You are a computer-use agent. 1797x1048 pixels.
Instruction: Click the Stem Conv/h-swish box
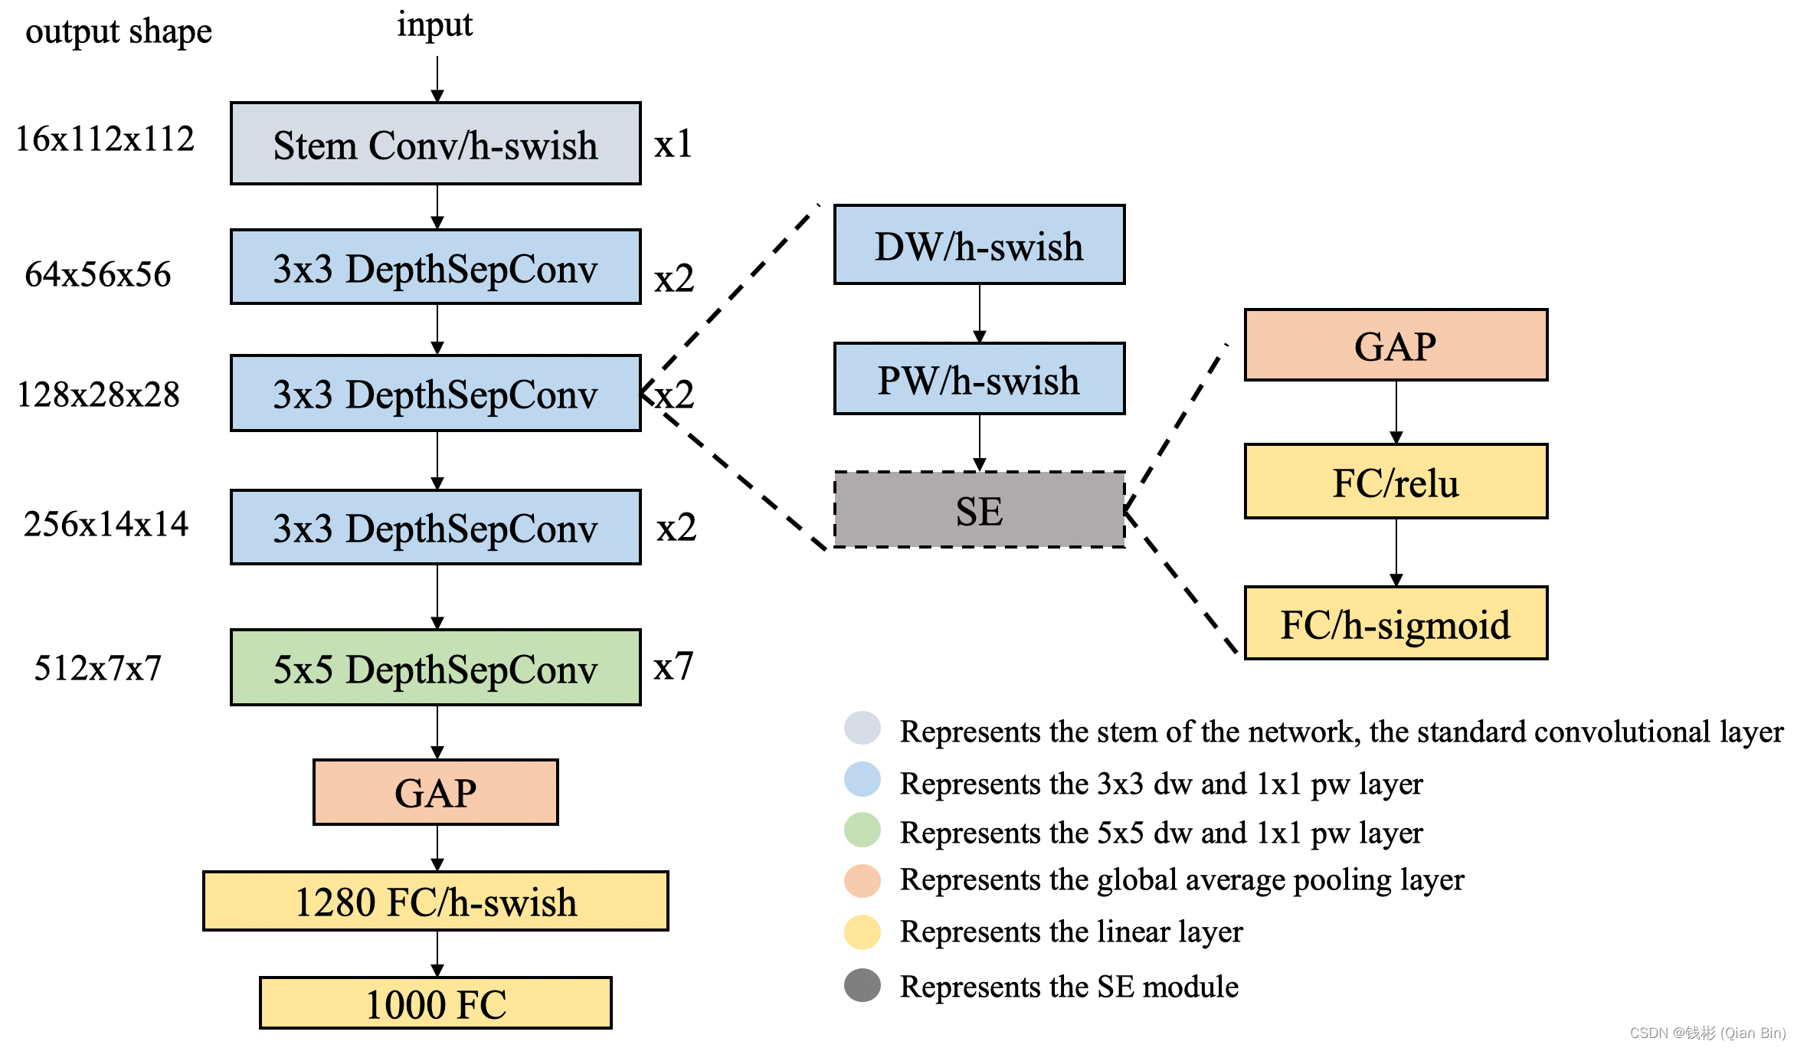(x=435, y=144)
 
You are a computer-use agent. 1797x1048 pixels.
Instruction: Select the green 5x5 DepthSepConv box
(x=435, y=668)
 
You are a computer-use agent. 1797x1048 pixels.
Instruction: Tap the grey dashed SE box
(x=979, y=510)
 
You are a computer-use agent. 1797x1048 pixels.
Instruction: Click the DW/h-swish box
(x=979, y=245)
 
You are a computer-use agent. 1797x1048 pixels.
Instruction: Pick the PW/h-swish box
(x=979, y=379)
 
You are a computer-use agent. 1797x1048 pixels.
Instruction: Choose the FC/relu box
(x=1396, y=482)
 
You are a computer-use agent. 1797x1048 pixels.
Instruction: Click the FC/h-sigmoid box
(x=1396, y=624)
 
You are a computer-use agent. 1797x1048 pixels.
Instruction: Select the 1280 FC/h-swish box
(x=435, y=902)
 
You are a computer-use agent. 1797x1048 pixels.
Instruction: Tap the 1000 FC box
(x=435, y=1004)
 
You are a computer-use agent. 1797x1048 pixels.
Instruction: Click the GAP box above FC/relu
(x=1396, y=346)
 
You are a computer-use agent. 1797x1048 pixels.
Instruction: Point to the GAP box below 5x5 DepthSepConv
(x=435, y=793)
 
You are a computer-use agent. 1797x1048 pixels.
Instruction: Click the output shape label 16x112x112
(x=105, y=139)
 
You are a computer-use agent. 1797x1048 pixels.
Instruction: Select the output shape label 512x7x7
(x=98, y=668)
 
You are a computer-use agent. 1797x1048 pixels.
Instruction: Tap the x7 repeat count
(x=673, y=666)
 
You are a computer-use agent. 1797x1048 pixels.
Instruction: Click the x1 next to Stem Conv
(x=673, y=144)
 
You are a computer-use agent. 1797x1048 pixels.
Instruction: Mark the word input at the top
(x=434, y=25)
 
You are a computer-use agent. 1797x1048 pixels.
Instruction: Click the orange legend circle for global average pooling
(x=862, y=881)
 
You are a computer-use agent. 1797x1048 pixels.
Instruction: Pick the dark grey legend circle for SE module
(x=862, y=986)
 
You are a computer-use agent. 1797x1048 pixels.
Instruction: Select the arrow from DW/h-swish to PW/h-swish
(x=979, y=313)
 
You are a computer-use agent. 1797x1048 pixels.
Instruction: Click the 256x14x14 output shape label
(x=106, y=525)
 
